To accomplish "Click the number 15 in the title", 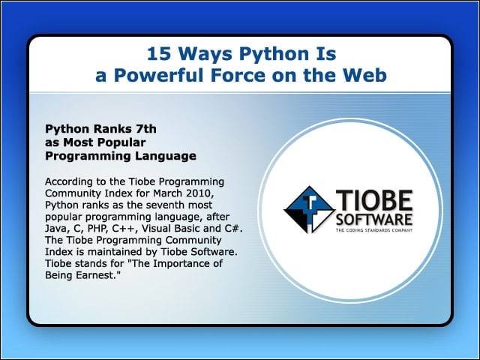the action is [x=159, y=54].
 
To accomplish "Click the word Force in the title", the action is [x=238, y=75].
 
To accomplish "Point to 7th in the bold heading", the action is [x=145, y=129].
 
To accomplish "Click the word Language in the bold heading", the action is [x=166, y=156].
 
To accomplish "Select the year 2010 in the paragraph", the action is [x=199, y=193].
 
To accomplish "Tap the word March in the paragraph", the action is [x=169, y=193].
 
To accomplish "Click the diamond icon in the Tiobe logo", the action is [x=310, y=210].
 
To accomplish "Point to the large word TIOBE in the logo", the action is [x=374, y=200].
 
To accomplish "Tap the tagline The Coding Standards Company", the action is [x=374, y=230].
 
